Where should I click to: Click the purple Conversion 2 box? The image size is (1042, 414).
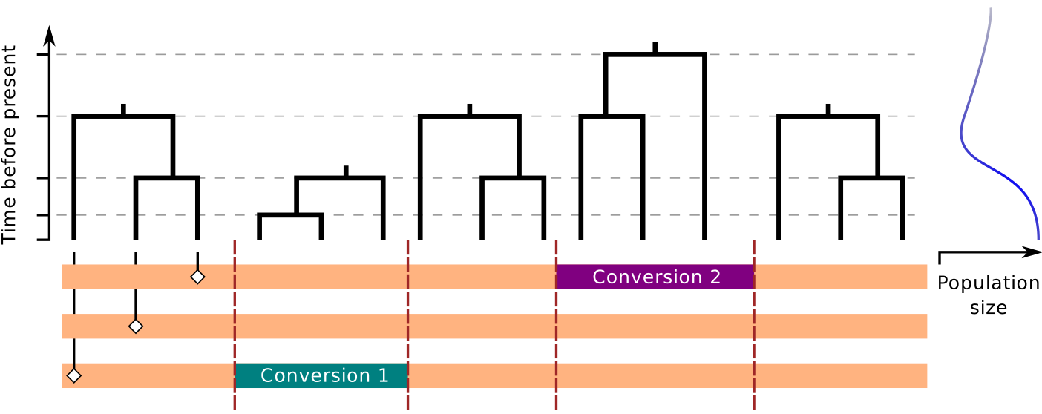click(x=655, y=277)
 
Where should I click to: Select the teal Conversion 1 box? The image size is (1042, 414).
click(x=321, y=375)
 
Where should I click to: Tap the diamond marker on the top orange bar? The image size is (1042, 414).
click(x=197, y=277)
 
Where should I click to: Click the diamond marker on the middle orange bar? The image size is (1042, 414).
click(x=135, y=326)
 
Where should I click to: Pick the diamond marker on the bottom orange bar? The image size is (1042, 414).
click(x=74, y=375)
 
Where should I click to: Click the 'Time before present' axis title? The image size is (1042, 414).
click(x=10, y=144)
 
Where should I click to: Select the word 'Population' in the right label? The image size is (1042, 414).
click(x=988, y=283)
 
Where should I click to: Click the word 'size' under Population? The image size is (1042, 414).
click(x=989, y=307)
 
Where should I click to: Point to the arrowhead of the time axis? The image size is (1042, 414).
click(x=49, y=36)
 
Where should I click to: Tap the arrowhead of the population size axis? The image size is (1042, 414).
click(x=1032, y=252)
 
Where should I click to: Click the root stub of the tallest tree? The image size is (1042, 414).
click(x=655, y=47)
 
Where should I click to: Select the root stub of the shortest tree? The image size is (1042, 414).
click(x=346, y=171)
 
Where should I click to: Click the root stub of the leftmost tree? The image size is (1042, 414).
click(x=123, y=109)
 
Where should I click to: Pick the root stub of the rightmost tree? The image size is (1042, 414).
click(x=828, y=109)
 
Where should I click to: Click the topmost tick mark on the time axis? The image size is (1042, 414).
click(x=43, y=54)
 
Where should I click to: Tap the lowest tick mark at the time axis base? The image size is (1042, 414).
click(x=43, y=240)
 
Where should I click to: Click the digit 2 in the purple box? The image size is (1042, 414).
click(x=715, y=277)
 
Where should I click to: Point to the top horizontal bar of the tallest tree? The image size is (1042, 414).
click(x=655, y=55)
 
